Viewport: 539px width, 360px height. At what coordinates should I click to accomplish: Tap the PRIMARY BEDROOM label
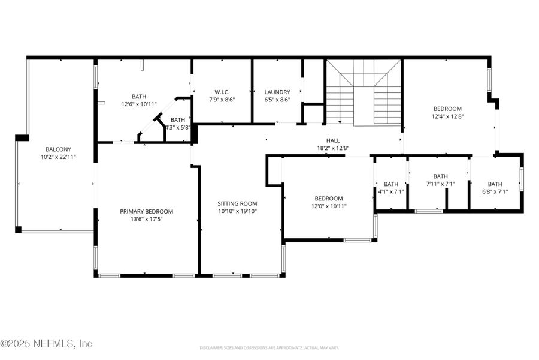146,211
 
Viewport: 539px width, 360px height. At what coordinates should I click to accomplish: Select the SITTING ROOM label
237,203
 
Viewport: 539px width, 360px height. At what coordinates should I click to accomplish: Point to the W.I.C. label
221,92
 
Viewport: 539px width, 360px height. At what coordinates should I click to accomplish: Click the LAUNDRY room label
277,92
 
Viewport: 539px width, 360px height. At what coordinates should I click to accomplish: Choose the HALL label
333,140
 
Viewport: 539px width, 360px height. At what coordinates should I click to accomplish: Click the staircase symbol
363,93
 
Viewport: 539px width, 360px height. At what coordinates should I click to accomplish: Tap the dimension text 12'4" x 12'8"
448,117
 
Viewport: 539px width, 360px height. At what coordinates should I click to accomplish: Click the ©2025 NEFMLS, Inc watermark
47,344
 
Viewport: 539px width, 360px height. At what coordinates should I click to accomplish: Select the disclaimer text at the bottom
269,347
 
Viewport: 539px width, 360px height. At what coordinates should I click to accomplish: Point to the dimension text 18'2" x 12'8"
333,148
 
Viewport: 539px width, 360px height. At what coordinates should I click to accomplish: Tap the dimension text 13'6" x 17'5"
146,219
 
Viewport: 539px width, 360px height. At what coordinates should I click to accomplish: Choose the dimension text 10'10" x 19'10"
237,211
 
